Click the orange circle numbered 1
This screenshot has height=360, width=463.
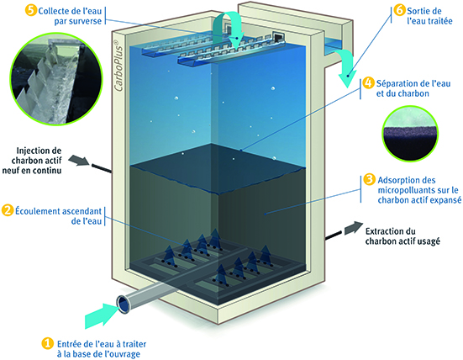[47, 344]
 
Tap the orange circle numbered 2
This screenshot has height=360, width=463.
[8, 211]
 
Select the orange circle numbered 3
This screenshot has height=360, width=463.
[369, 180]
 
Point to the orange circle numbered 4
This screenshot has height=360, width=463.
[369, 83]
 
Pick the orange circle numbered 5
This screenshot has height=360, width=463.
[31, 11]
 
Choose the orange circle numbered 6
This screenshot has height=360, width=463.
[399, 11]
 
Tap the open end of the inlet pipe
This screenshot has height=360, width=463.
[123, 304]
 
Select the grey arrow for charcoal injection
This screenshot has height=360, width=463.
[79, 161]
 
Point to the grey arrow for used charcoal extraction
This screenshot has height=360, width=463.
[354, 228]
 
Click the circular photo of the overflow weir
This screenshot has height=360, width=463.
[56, 78]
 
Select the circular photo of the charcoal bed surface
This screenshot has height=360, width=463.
[410, 133]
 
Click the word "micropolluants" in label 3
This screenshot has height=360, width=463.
[411, 190]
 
